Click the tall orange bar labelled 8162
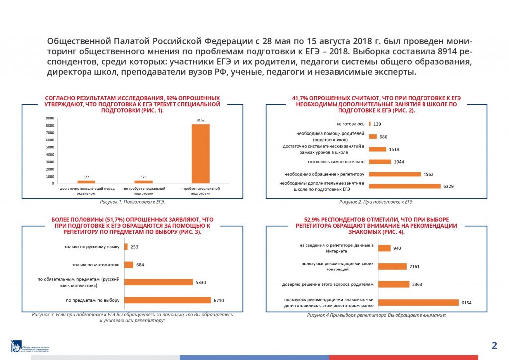(x=200, y=154)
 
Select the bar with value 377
(x=86, y=182)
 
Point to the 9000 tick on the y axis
(x=50, y=118)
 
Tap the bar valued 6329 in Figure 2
(x=405, y=186)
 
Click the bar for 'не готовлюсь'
(x=370, y=124)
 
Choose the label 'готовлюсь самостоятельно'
(x=336, y=162)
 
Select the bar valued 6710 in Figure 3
(x=168, y=300)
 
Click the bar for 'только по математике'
(x=129, y=265)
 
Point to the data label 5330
(x=201, y=282)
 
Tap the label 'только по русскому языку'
(x=91, y=247)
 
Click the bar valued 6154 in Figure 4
(x=418, y=302)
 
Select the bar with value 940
(x=384, y=248)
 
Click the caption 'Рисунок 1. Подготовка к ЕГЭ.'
(x=132, y=202)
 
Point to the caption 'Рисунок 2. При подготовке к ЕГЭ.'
(x=376, y=202)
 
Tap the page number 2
(x=494, y=345)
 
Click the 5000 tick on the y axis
(x=50, y=147)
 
